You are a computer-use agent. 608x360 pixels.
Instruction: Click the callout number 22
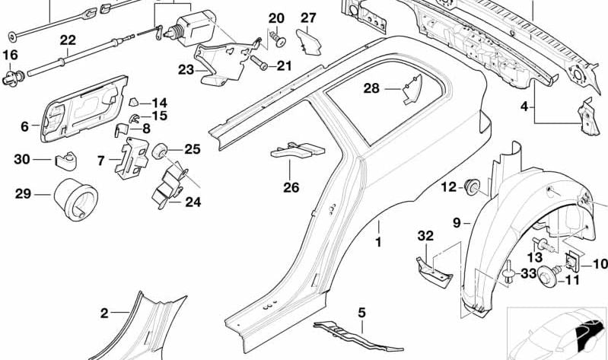67,40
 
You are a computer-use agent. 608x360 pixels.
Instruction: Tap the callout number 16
10,55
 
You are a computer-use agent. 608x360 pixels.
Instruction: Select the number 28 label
371,89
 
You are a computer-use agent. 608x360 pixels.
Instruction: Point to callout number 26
291,187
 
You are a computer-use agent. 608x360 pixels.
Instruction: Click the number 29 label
22,194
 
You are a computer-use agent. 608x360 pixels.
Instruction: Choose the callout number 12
449,186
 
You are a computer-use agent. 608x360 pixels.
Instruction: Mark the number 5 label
362,312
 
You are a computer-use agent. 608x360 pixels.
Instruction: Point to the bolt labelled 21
256,66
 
